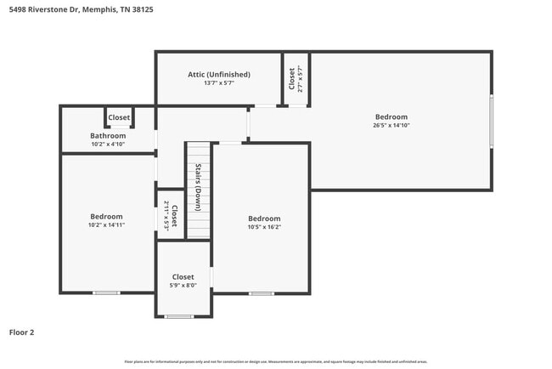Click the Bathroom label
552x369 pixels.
point(108,135)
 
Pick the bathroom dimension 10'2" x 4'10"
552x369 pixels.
point(108,144)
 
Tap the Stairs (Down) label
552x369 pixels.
point(198,187)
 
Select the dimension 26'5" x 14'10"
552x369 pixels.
point(391,126)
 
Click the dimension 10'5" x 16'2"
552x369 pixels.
point(264,227)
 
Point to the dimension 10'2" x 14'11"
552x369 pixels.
point(107,224)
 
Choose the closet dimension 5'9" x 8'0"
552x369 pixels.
point(183,286)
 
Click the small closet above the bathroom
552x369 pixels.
point(119,117)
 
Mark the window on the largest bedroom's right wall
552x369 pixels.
point(492,122)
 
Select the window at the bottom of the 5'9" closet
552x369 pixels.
point(179,317)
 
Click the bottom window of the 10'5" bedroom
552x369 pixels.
point(262,293)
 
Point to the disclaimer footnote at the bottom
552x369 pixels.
point(276,361)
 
